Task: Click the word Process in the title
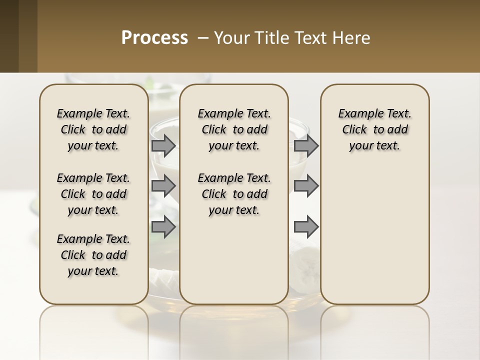click(154, 37)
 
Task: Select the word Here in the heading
click(352, 37)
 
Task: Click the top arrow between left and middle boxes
click(163, 145)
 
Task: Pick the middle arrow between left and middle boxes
click(163, 186)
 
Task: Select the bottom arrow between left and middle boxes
click(163, 227)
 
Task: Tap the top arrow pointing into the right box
click(306, 145)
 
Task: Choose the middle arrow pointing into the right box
click(306, 186)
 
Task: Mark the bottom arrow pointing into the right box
click(306, 227)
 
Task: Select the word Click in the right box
click(354, 129)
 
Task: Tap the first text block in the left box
click(93, 129)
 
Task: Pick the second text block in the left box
click(93, 194)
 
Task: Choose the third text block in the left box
click(93, 255)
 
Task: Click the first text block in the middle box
click(234, 129)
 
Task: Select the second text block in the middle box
click(234, 194)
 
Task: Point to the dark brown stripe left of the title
click(9, 36)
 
